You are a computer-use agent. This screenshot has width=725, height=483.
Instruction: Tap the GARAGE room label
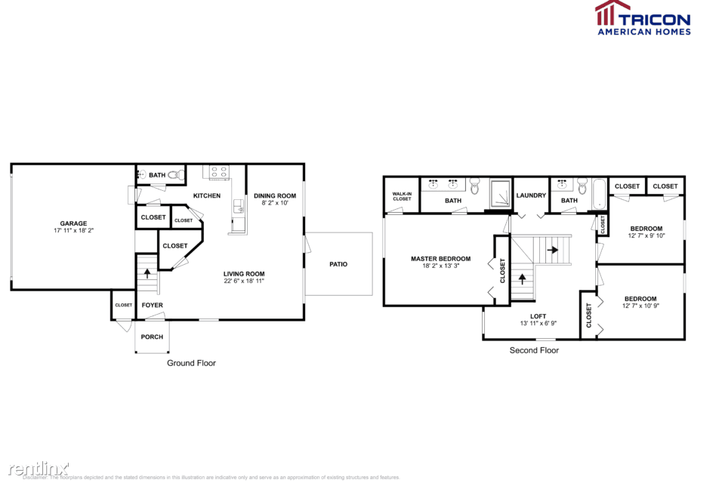click(x=73, y=223)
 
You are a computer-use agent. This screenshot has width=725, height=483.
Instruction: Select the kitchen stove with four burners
click(x=219, y=172)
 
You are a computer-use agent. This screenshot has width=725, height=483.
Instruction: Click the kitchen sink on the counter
click(x=239, y=205)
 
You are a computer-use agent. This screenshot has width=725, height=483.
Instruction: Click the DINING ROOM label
click(x=274, y=195)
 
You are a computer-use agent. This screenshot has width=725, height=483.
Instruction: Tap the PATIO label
click(x=338, y=264)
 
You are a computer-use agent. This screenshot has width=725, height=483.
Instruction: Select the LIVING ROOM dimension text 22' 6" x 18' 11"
click(x=243, y=281)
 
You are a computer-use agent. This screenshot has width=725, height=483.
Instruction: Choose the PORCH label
click(x=152, y=337)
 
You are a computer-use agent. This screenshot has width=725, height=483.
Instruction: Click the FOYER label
click(x=152, y=305)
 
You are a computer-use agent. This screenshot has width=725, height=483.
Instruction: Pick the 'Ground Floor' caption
click(x=191, y=363)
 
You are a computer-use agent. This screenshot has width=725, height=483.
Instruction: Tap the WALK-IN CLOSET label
click(x=402, y=196)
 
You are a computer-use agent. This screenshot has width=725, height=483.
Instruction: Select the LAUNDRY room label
click(x=531, y=195)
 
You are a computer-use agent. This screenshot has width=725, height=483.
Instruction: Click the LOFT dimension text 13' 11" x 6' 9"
click(x=538, y=323)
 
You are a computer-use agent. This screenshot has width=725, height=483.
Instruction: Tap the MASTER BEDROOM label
click(x=440, y=259)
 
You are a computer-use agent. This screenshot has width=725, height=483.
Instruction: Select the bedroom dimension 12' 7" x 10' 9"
click(x=640, y=306)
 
